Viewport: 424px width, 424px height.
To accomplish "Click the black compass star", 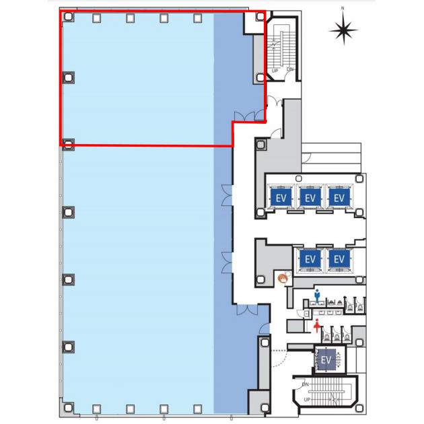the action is tap(344, 30).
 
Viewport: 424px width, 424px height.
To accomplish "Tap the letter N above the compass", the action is tap(343, 8).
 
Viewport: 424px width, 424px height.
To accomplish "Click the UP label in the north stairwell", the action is tap(275, 71).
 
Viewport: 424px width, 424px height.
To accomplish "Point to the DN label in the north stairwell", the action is tap(290, 69).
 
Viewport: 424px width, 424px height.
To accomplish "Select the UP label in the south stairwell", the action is tap(307, 399).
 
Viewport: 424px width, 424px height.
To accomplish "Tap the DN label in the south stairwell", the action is tap(306, 384).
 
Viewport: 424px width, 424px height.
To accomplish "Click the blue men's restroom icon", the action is tap(317, 295).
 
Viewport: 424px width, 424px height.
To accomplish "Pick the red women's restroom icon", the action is tap(316, 326).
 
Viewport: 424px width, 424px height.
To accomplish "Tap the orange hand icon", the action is tap(283, 278).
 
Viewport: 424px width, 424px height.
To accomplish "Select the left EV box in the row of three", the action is tap(281, 199).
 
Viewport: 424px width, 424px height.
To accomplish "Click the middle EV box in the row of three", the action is tap(310, 199).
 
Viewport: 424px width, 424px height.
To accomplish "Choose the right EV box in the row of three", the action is tap(339, 199).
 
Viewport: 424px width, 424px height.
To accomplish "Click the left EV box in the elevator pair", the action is tap(310, 259).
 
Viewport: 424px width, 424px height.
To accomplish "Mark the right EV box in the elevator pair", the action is tap(339, 259).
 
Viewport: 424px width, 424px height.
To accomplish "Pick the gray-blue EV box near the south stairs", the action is tap(326, 359).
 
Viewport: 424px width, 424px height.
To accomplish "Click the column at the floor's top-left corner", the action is tap(68, 17).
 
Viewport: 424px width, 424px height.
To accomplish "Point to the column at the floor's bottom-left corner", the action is tap(68, 407).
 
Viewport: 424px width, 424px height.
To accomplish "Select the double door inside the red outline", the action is tap(244, 116).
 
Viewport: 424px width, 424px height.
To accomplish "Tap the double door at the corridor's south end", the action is tap(247, 310).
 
